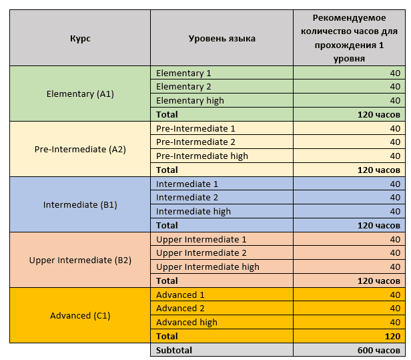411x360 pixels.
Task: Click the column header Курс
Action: point(80,39)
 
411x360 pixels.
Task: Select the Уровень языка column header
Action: point(222,39)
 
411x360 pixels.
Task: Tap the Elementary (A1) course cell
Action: point(80,94)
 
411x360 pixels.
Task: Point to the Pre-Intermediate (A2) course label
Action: point(80,150)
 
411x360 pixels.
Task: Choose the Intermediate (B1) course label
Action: point(80,204)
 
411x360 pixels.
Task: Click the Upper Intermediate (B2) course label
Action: point(80,260)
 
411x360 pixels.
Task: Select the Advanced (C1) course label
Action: point(80,315)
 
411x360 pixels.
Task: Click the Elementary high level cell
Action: point(190,101)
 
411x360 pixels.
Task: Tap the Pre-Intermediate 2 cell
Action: point(195,142)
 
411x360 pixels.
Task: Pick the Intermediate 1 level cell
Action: point(187,184)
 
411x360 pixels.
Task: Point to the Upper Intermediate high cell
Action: point(208,267)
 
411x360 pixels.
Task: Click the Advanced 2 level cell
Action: point(180,309)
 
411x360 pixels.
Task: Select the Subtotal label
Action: point(174,350)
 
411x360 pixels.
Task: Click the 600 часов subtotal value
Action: point(379,350)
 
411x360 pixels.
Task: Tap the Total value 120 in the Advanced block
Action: point(392,337)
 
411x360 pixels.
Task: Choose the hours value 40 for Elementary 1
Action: point(395,73)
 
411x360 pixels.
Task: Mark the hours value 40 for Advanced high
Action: point(395,322)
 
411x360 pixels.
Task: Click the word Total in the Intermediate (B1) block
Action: point(167,225)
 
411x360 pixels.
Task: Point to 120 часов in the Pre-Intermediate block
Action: point(379,170)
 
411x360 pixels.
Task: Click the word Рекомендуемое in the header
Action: point(349,18)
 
